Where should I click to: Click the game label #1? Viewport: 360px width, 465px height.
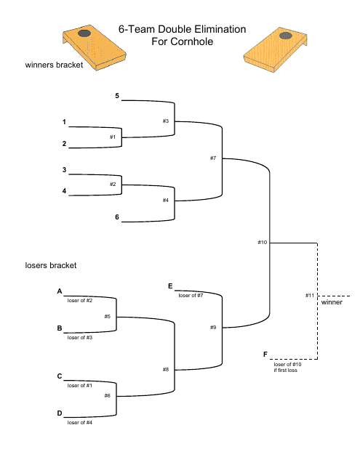[113, 137]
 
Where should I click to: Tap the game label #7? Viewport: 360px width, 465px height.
[213, 158]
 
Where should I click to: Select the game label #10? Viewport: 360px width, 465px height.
[263, 241]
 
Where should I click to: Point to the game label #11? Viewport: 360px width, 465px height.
[310, 296]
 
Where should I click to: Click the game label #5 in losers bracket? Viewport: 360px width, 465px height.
[107, 317]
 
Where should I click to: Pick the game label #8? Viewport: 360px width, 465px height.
[166, 370]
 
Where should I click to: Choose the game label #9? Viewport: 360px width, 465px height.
[213, 328]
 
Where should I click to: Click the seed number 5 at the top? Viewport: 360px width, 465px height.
[116, 96]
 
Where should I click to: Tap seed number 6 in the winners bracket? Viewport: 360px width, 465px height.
[116, 217]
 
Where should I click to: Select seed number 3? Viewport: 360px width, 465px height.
[64, 170]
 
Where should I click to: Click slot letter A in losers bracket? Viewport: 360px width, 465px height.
[60, 291]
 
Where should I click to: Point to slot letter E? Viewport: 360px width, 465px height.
[170, 286]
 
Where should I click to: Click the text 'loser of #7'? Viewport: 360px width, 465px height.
[191, 295]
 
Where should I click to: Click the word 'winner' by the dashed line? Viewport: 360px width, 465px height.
[332, 302]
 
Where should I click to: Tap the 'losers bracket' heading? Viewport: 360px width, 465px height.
[51, 266]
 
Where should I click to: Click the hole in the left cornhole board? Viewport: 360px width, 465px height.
[85, 33]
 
